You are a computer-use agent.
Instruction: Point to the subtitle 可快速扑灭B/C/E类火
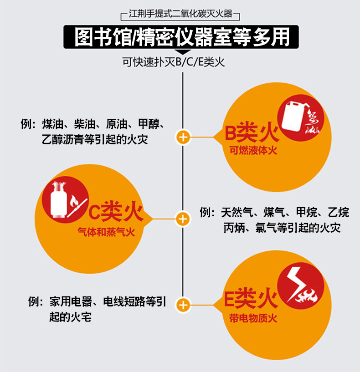[174, 61]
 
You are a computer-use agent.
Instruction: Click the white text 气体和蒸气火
[106, 232]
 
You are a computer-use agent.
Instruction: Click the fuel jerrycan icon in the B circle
[292, 116]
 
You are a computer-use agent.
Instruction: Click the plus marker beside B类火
[183, 137]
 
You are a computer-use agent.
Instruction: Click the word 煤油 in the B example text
[53, 125]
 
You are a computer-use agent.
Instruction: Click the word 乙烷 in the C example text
[339, 213]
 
